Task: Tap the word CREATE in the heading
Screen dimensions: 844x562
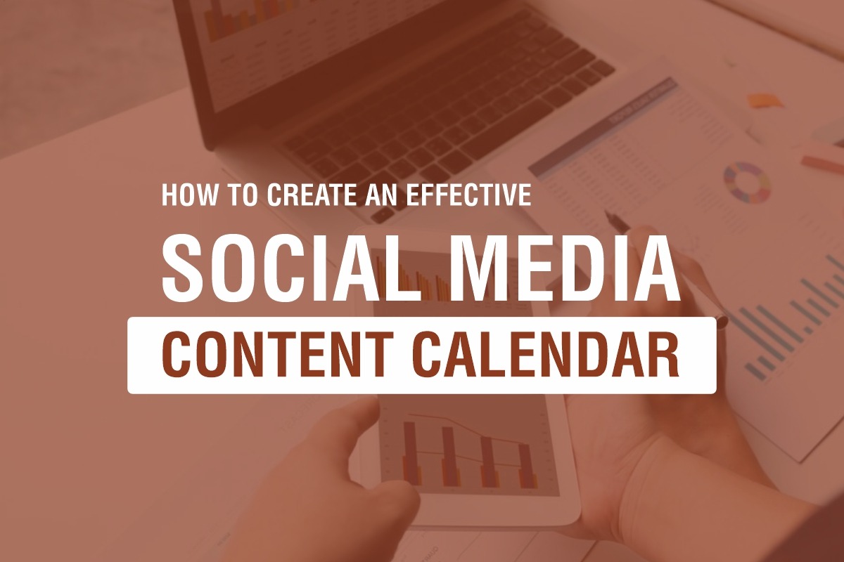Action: (312, 195)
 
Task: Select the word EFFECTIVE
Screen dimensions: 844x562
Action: (469, 195)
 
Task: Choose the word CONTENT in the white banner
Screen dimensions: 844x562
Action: (278, 355)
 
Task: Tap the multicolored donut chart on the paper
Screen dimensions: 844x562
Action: (747, 182)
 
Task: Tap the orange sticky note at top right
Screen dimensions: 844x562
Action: (765, 100)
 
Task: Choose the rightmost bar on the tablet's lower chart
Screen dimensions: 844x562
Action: (527, 466)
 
